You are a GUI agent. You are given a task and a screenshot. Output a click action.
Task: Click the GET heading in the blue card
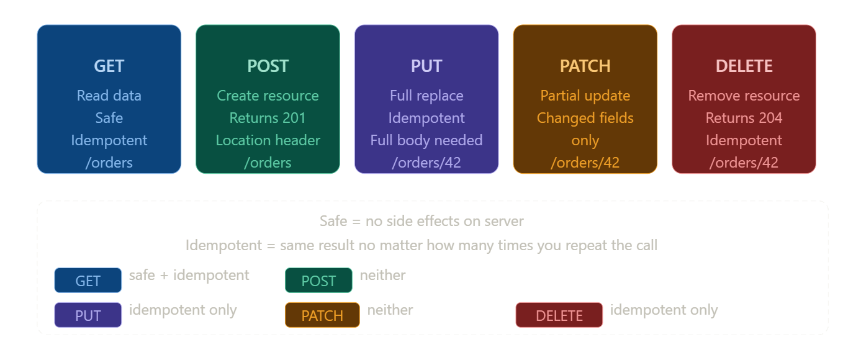109,66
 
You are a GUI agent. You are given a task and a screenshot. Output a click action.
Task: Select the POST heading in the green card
268,66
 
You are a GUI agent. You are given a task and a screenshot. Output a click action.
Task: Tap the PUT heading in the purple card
426,66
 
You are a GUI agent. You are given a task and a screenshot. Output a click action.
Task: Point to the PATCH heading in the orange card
585,66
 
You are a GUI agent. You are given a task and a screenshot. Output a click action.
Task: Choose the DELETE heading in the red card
744,66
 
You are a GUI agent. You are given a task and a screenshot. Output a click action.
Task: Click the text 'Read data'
109,96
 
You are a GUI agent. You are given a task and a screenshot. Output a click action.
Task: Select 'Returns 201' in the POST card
268,118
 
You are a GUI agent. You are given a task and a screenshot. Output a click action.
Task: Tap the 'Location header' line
268,140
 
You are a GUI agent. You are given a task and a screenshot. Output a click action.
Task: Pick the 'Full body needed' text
426,140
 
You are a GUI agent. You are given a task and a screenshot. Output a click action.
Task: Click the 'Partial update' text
585,96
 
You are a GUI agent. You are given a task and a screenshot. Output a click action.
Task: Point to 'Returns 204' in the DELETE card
744,118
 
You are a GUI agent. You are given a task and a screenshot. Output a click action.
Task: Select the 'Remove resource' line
744,96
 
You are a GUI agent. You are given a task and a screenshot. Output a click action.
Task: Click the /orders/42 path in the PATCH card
585,163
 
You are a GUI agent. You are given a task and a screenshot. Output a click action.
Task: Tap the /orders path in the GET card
109,163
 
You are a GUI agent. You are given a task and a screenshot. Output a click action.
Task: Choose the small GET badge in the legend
88,281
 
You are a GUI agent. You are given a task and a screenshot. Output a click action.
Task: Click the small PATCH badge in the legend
322,315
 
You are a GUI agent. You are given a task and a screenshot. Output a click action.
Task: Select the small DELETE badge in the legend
559,315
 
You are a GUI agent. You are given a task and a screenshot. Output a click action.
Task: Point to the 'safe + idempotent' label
189,275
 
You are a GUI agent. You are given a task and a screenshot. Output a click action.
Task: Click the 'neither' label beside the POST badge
382,275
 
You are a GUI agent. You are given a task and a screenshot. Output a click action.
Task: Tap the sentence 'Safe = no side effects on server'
421,221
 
